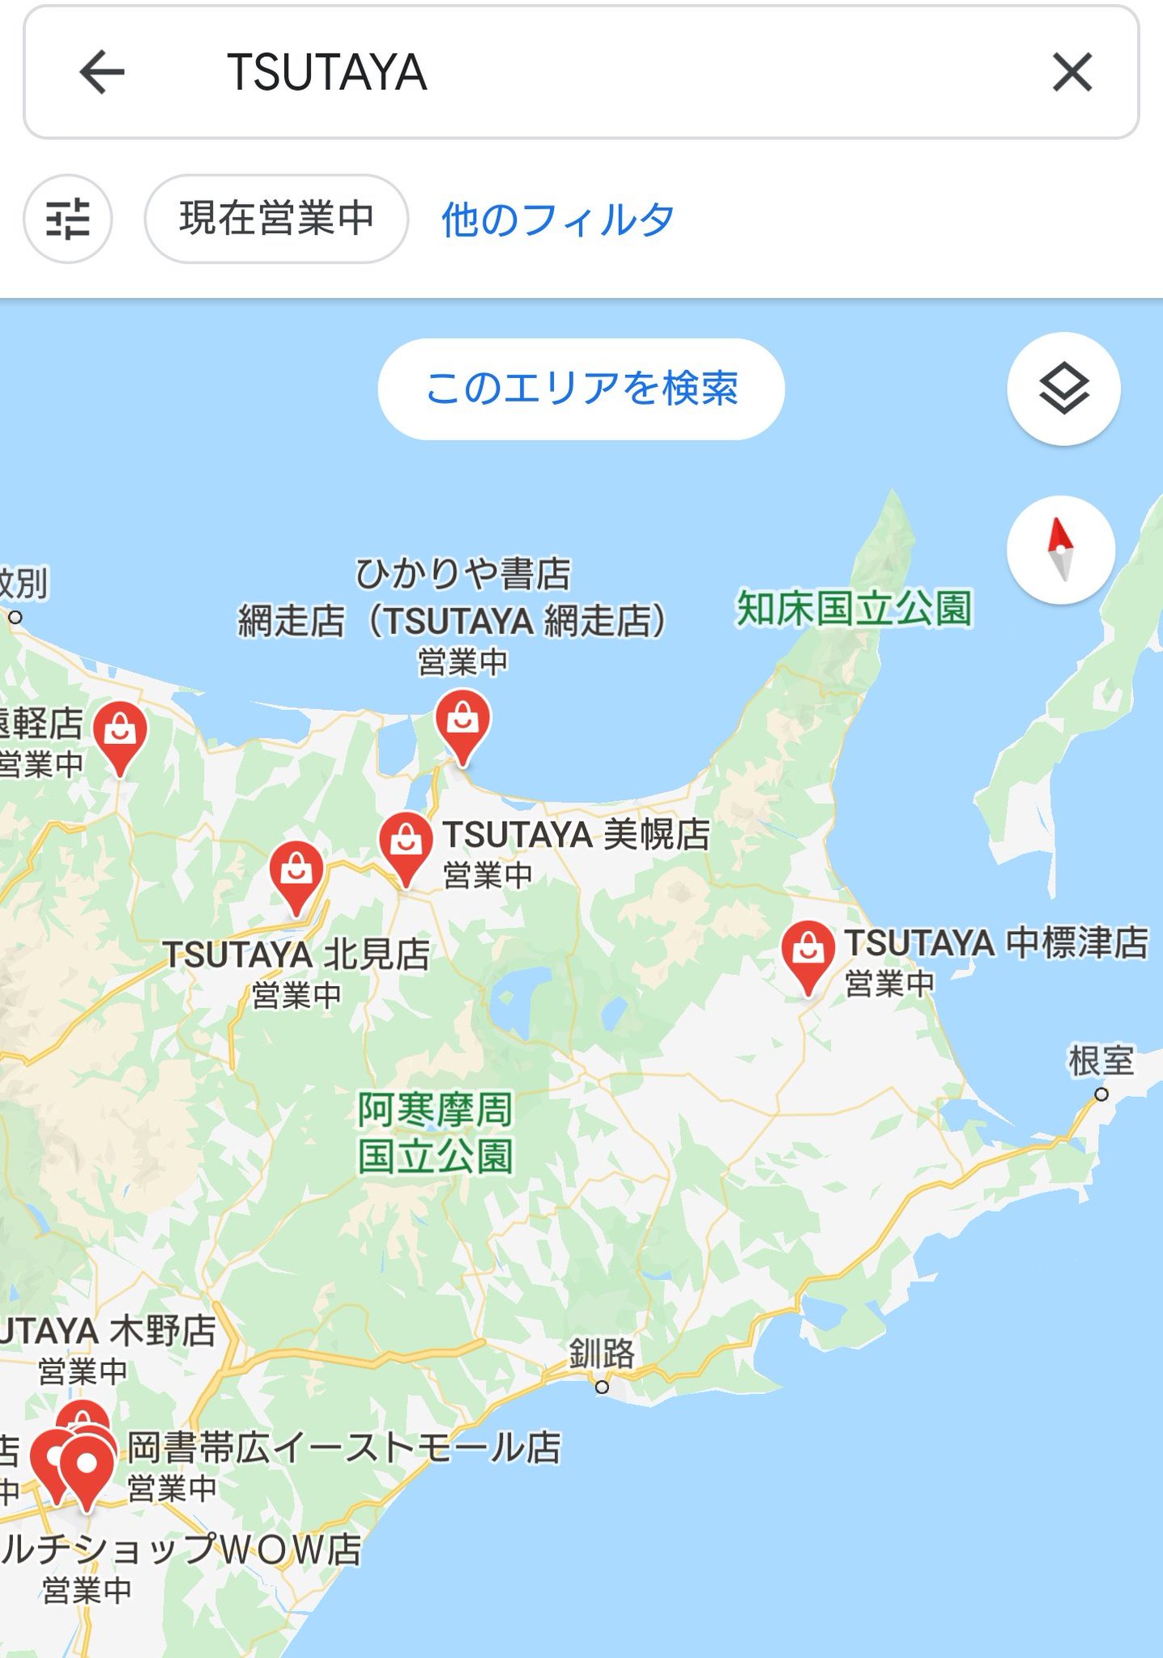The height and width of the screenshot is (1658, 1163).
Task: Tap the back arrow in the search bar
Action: (x=102, y=72)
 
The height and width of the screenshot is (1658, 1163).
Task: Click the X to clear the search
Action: (x=1072, y=72)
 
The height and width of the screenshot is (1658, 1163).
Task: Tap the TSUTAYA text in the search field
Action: (x=326, y=72)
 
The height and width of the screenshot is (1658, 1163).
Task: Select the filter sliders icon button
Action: (x=68, y=219)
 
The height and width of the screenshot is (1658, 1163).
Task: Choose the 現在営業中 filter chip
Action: (x=276, y=219)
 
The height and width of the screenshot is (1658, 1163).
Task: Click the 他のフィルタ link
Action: (x=557, y=219)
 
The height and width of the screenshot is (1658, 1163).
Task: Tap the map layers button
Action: (x=1063, y=389)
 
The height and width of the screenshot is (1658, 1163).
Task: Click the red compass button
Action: (x=1061, y=550)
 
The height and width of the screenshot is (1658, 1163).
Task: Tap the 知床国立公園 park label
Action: (x=854, y=609)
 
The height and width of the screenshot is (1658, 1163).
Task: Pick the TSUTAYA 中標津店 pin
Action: (x=807, y=953)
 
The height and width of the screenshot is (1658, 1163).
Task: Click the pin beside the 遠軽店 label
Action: (x=120, y=733)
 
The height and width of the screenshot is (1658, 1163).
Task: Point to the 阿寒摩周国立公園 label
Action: (x=436, y=1132)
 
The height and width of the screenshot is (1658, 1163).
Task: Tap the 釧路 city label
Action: (x=602, y=1353)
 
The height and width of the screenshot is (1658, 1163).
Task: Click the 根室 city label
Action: (x=1101, y=1061)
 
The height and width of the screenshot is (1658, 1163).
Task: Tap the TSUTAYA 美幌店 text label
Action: (x=576, y=835)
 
